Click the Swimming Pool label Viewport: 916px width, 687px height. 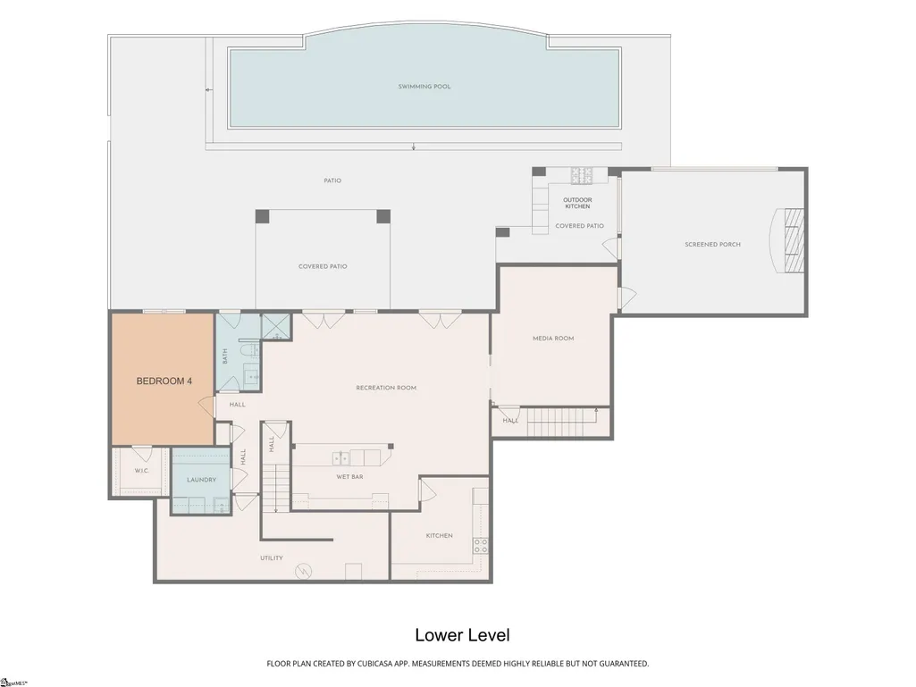click(424, 87)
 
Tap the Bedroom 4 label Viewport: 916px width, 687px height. click(164, 381)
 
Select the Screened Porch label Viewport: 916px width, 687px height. click(713, 244)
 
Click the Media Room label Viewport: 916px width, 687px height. click(553, 339)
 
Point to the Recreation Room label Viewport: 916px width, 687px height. click(386, 388)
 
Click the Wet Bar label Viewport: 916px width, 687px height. click(350, 477)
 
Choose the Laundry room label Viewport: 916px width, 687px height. click(202, 480)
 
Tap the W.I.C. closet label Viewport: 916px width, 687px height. click(142, 470)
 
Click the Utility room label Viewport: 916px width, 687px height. click(272, 557)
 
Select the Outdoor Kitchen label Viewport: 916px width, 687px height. click(577, 203)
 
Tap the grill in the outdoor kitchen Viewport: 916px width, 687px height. click(582, 175)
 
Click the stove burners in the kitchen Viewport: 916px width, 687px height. click(481, 546)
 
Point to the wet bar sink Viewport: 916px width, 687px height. click(340, 458)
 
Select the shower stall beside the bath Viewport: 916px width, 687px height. click(275, 328)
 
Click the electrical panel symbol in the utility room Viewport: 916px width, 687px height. click(304, 571)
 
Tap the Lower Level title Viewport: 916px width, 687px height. click(463, 635)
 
